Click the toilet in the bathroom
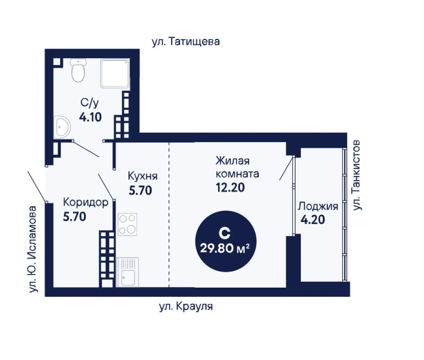[78, 70]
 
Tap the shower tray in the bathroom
[115, 74]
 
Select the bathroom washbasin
[62, 127]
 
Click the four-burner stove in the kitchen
[127, 225]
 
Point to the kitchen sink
[127, 272]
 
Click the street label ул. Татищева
[186, 42]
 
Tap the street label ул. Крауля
[186, 306]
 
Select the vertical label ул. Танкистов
[357, 175]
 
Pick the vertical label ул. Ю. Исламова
[33, 249]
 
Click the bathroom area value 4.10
[90, 117]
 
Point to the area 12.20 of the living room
[230, 187]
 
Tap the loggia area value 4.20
[313, 220]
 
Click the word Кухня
[143, 176]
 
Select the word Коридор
[86, 202]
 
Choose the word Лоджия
[318, 206]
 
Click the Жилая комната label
[237, 167]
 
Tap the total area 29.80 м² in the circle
[225, 248]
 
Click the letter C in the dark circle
[225, 234]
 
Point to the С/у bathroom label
[90, 103]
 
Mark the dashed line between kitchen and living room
[169, 215]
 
